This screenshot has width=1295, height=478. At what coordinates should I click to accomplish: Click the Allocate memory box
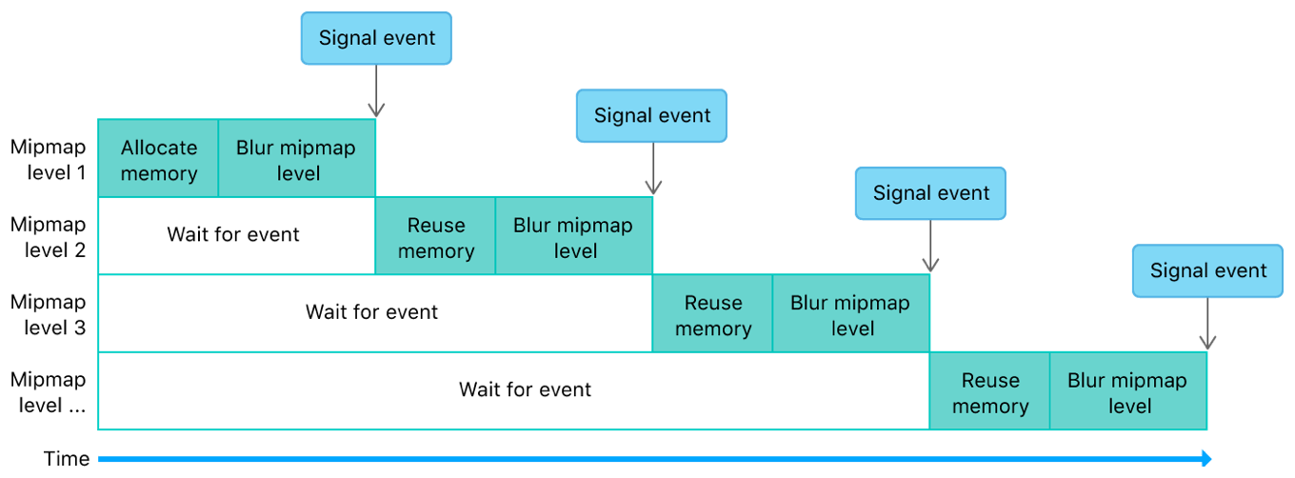pyautogui.click(x=158, y=159)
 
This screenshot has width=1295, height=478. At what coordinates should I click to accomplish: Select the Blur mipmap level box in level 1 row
pyautogui.click(x=297, y=159)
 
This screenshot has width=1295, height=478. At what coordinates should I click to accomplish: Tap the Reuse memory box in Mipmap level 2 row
pyautogui.click(x=435, y=237)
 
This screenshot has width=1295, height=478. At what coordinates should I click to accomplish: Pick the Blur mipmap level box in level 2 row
pyautogui.click(x=574, y=237)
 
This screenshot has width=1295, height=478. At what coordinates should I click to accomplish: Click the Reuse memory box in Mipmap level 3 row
pyautogui.click(x=712, y=314)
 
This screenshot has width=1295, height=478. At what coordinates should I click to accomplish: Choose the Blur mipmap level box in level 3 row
pyautogui.click(x=850, y=314)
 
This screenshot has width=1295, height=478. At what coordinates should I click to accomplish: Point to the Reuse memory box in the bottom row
pyautogui.click(x=989, y=392)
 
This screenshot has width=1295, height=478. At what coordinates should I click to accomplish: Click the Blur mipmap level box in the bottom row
pyautogui.click(x=1128, y=392)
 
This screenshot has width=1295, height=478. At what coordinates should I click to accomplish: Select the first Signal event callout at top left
pyautogui.click(x=376, y=39)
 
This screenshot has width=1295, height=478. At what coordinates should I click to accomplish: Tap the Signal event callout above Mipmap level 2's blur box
pyautogui.click(x=652, y=116)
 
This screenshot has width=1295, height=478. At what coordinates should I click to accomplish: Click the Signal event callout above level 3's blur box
pyautogui.click(x=930, y=193)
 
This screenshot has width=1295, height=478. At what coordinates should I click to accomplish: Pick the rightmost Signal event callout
pyautogui.click(x=1207, y=270)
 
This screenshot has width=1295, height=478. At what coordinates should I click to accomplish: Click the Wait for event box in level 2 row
pyautogui.click(x=234, y=235)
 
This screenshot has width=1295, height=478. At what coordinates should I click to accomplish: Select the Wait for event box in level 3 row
pyautogui.click(x=372, y=312)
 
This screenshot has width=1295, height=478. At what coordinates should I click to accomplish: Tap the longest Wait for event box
pyautogui.click(x=525, y=390)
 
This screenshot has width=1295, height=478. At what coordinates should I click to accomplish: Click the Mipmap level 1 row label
pyautogui.click(x=48, y=160)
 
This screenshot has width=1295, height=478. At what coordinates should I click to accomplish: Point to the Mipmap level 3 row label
pyautogui.click(x=48, y=314)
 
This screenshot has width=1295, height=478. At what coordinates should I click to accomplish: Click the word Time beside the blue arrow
pyautogui.click(x=67, y=459)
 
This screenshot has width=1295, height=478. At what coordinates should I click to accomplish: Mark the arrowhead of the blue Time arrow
pyautogui.click(x=1205, y=459)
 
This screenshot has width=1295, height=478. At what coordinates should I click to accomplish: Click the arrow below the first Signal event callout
pyautogui.click(x=376, y=91)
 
